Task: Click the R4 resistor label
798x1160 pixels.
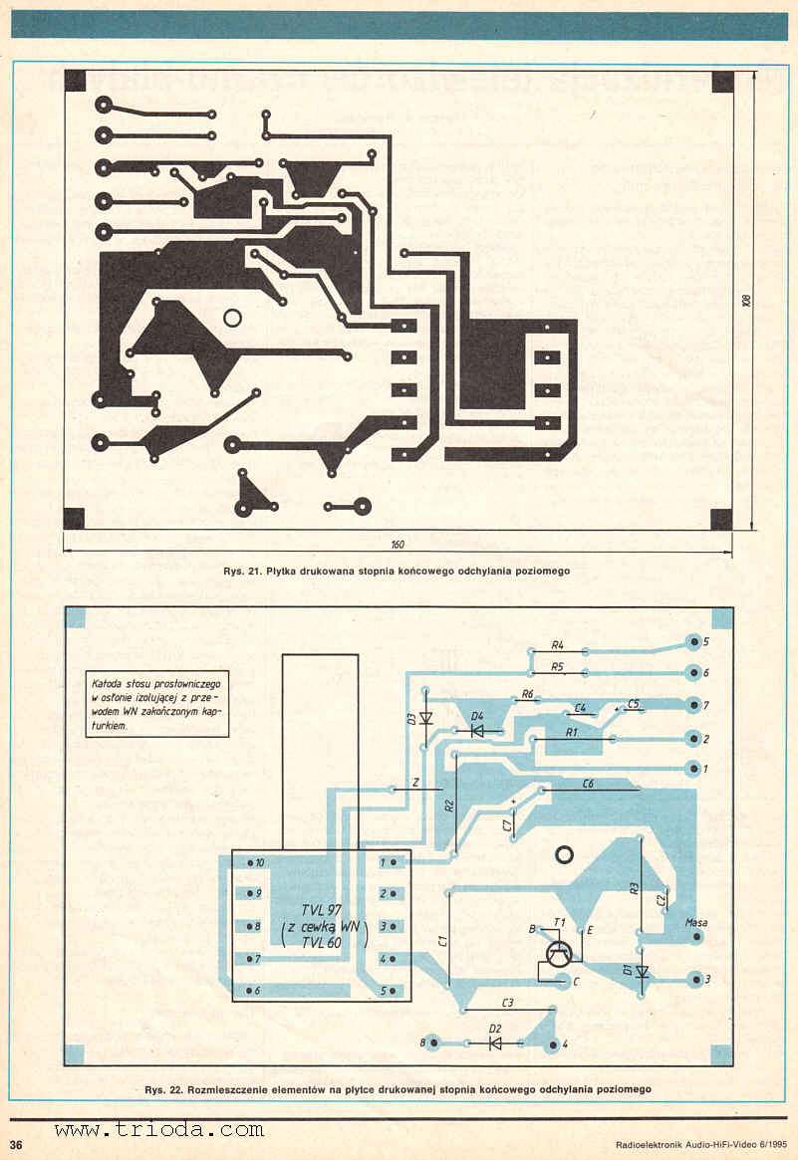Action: [x=558, y=644]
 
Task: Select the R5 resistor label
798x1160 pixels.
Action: [x=558, y=666]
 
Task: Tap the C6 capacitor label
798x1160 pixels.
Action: [x=589, y=785]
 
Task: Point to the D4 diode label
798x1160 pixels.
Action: [x=477, y=716]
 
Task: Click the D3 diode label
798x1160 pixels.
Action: [x=410, y=718]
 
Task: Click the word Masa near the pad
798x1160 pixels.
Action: [x=696, y=923]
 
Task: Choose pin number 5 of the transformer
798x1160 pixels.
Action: [x=383, y=991]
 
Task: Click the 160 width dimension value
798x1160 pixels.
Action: [x=399, y=545]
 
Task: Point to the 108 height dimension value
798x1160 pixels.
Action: [x=746, y=300]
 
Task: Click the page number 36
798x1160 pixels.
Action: [x=16, y=1141]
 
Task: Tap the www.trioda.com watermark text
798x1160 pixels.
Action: [x=159, y=1130]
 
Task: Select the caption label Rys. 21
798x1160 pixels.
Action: [x=243, y=571]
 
